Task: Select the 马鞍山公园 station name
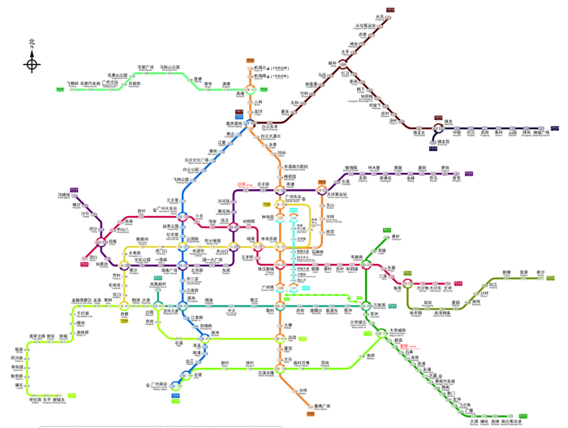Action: point(170,67)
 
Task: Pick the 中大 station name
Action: point(231,311)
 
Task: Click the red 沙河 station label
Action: point(241,185)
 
